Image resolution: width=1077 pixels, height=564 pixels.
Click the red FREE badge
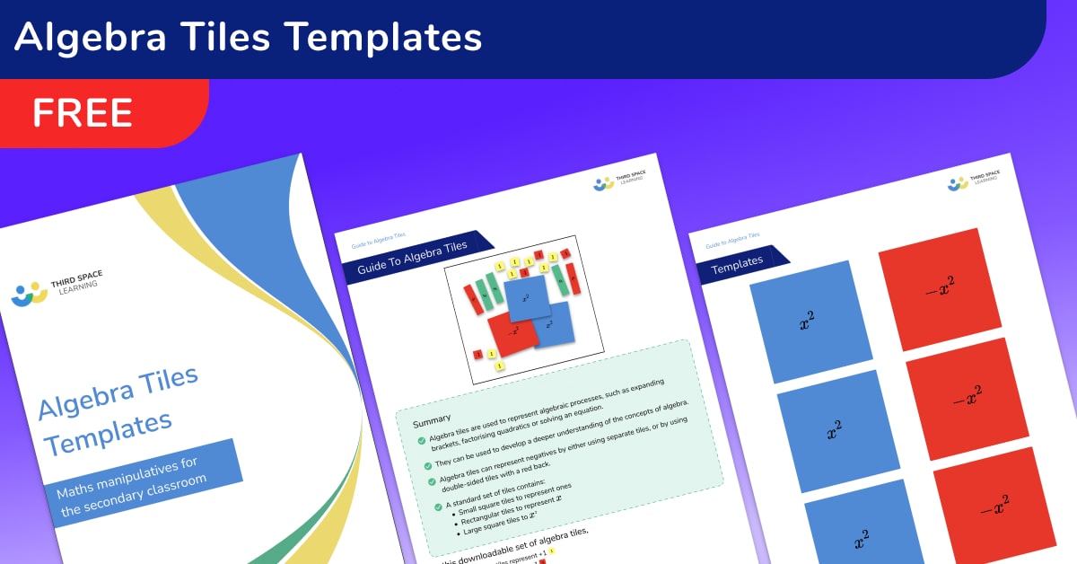[x=83, y=113]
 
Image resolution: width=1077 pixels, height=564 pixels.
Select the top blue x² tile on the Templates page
[x=811, y=321]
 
